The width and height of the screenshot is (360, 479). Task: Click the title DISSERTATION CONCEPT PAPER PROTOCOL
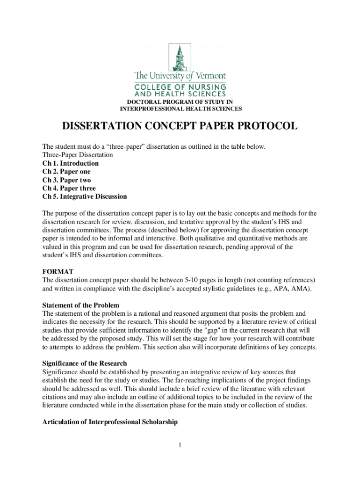pyautogui.click(x=180, y=127)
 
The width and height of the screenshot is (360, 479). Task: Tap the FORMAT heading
pyautogui.click(x=58, y=271)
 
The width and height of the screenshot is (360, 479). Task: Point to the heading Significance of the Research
pyautogui.click(x=85, y=363)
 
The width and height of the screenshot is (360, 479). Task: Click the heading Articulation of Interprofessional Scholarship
pyautogui.click(x=110, y=422)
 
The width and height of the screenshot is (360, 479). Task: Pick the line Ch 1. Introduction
pyautogui.click(x=71, y=163)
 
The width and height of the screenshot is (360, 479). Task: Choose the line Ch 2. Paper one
pyautogui.click(x=66, y=172)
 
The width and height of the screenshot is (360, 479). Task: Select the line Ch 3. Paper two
pyautogui.click(x=67, y=180)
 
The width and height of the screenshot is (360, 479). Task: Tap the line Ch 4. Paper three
pyautogui.click(x=69, y=189)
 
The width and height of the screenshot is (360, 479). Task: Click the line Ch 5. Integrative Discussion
pyautogui.click(x=85, y=196)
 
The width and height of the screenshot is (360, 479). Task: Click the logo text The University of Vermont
pyautogui.click(x=180, y=75)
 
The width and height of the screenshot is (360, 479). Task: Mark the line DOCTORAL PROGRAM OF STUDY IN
pyautogui.click(x=180, y=102)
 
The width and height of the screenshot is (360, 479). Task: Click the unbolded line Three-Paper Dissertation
pyautogui.click(x=78, y=155)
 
